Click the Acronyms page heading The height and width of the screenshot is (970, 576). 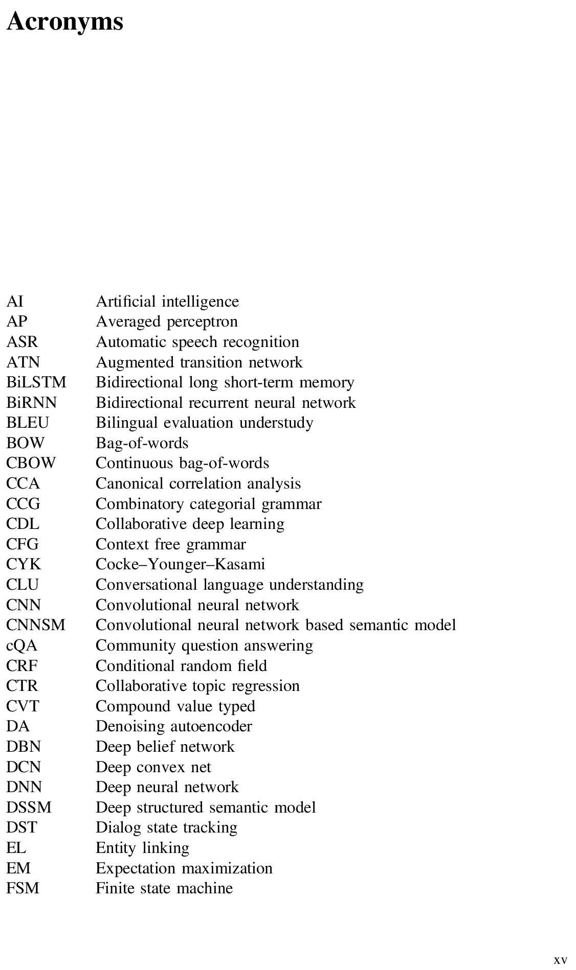(x=65, y=21)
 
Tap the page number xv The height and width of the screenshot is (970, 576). (x=560, y=960)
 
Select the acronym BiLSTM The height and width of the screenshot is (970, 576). (x=36, y=382)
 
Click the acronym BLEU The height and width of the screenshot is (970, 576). (x=28, y=423)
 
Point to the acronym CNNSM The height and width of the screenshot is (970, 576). (x=36, y=625)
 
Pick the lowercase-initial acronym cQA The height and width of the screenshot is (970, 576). (x=22, y=645)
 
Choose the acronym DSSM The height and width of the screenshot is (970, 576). (x=29, y=807)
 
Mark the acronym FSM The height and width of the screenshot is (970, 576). (x=23, y=888)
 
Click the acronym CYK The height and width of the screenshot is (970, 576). (x=24, y=564)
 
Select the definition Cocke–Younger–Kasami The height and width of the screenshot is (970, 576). (x=180, y=564)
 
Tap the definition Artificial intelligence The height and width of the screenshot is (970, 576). (x=167, y=302)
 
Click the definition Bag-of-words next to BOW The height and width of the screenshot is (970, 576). (x=142, y=443)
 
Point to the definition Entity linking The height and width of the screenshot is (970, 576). (x=142, y=848)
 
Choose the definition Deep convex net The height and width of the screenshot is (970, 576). (x=153, y=767)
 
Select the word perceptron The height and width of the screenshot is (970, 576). (x=203, y=322)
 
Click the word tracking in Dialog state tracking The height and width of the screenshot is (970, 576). (x=210, y=827)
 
